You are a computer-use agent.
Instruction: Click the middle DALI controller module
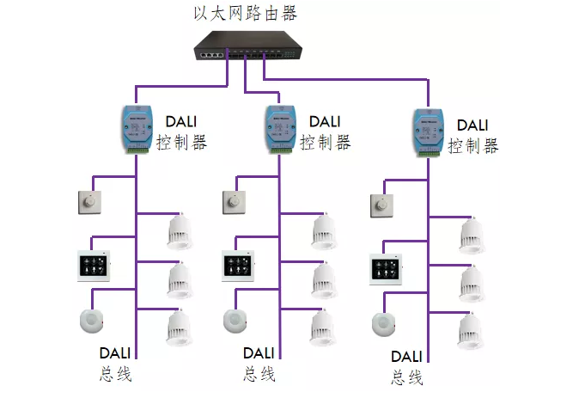pos(277,129)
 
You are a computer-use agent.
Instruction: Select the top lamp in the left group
pos(179,232)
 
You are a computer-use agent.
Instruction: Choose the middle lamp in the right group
pos(471,285)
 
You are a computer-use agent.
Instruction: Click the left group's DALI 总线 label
pos(114,363)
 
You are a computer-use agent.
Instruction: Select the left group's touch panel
pos(93,266)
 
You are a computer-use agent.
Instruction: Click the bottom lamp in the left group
pos(179,329)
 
